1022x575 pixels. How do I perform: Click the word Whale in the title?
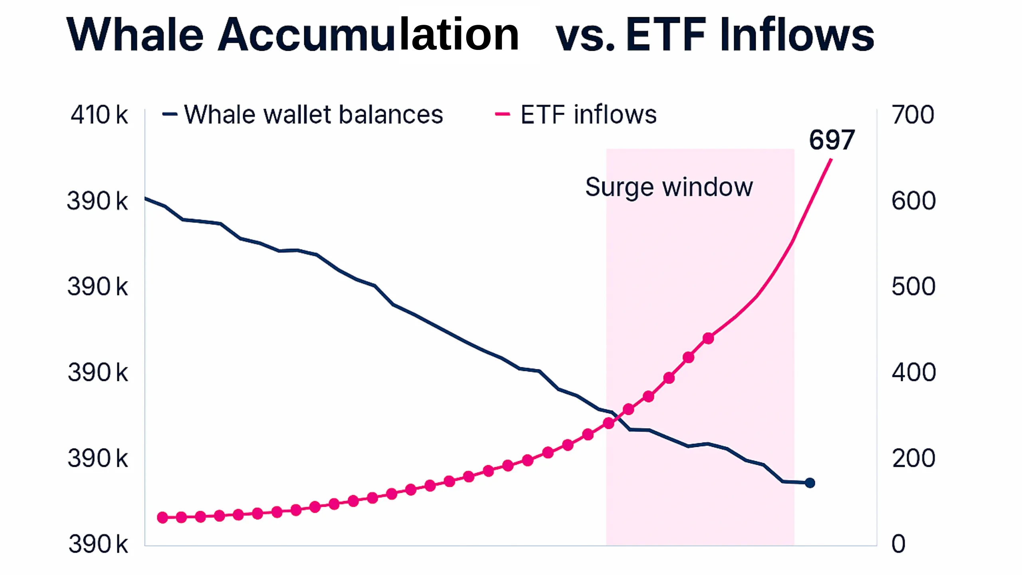click(x=135, y=35)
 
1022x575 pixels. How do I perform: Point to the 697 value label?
click(x=832, y=140)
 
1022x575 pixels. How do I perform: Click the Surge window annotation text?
click(x=669, y=187)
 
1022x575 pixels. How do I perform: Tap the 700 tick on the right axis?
click(x=913, y=115)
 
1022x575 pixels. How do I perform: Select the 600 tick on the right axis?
click(x=913, y=201)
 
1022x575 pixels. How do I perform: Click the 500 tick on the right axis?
click(x=913, y=287)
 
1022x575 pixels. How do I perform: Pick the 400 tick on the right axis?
click(x=913, y=373)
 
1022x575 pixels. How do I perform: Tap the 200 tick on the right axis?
click(x=913, y=458)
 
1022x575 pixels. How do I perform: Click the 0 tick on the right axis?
click(x=898, y=544)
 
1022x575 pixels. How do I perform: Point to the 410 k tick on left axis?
click(x=99, y=115)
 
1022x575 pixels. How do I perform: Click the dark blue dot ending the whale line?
click(x=810, y=483)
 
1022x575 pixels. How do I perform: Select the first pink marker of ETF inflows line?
click(x=162, y=518)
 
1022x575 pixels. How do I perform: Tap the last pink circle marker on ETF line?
click(x=708, y=339)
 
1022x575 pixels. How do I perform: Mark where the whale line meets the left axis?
click(x=145, y=198)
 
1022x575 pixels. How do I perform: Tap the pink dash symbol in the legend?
click(x=502, y=114)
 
